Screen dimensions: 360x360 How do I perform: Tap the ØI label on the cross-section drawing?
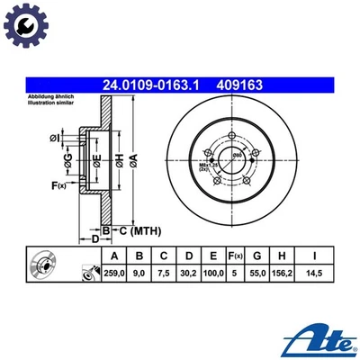(x=55, y=137)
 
